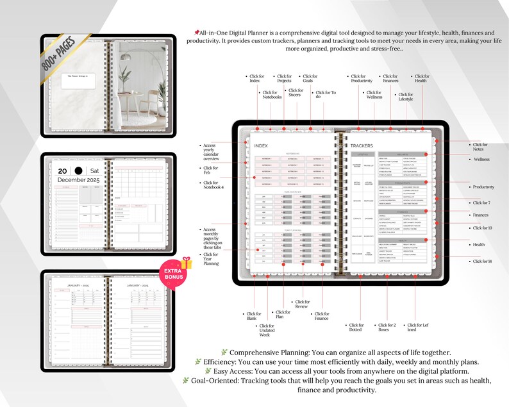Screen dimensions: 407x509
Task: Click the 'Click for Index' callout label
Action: click(255, 79)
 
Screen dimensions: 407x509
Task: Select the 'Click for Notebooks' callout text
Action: click(272, 95)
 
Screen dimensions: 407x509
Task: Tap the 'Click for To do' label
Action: click(326, 95)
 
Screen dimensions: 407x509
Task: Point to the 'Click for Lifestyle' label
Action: click(406, 97)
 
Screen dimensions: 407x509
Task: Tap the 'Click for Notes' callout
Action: click(480, 147)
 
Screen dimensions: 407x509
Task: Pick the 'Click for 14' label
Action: click(483, 262)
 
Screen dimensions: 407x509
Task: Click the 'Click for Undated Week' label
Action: click(267, 329)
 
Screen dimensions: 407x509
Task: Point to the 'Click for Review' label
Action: click(302, 304)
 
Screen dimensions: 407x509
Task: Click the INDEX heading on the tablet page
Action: click(261, 145)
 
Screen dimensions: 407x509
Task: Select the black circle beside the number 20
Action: click(78, 170)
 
